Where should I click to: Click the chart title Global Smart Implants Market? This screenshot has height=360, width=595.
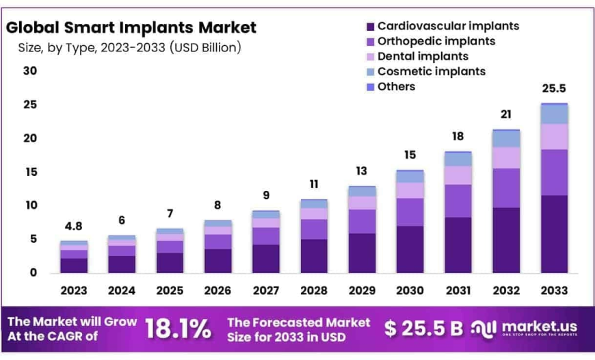[131, 27]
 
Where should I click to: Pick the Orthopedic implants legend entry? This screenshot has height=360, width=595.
[436, 41]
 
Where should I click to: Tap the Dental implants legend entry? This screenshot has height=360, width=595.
[422, 56]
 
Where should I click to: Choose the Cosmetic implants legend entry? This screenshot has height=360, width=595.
[431, 71]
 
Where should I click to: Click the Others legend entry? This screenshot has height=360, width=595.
[396, 86]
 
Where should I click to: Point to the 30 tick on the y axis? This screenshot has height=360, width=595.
[29, 71]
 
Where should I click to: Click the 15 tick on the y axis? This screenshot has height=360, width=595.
[29, 172]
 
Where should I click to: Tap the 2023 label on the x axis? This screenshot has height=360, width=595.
[73, 290]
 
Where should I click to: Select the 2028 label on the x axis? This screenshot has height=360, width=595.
[313, 290]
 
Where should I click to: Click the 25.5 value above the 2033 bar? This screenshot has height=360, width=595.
[553, 88]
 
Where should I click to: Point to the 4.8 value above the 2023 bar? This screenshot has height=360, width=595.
[73, 227]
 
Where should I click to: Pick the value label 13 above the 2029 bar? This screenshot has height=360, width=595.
[361, 171]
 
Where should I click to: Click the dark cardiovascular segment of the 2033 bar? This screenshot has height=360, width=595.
[553, 234]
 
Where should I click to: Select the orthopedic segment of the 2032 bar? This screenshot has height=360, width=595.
[505, 188]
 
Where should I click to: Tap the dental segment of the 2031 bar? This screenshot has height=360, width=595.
[458, 175]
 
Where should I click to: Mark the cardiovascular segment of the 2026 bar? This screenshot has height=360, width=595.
[217, 261]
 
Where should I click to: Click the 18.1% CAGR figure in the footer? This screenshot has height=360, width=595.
[178, 329]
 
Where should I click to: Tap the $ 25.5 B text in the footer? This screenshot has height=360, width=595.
[423, 329]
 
